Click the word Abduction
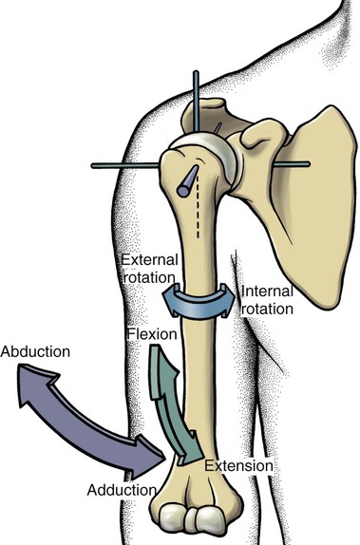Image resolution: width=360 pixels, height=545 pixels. (x=35, y=351)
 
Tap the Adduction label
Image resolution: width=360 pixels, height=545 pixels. (x=120, y=490)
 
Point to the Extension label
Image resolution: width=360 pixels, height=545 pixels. (x=239, y=466)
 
